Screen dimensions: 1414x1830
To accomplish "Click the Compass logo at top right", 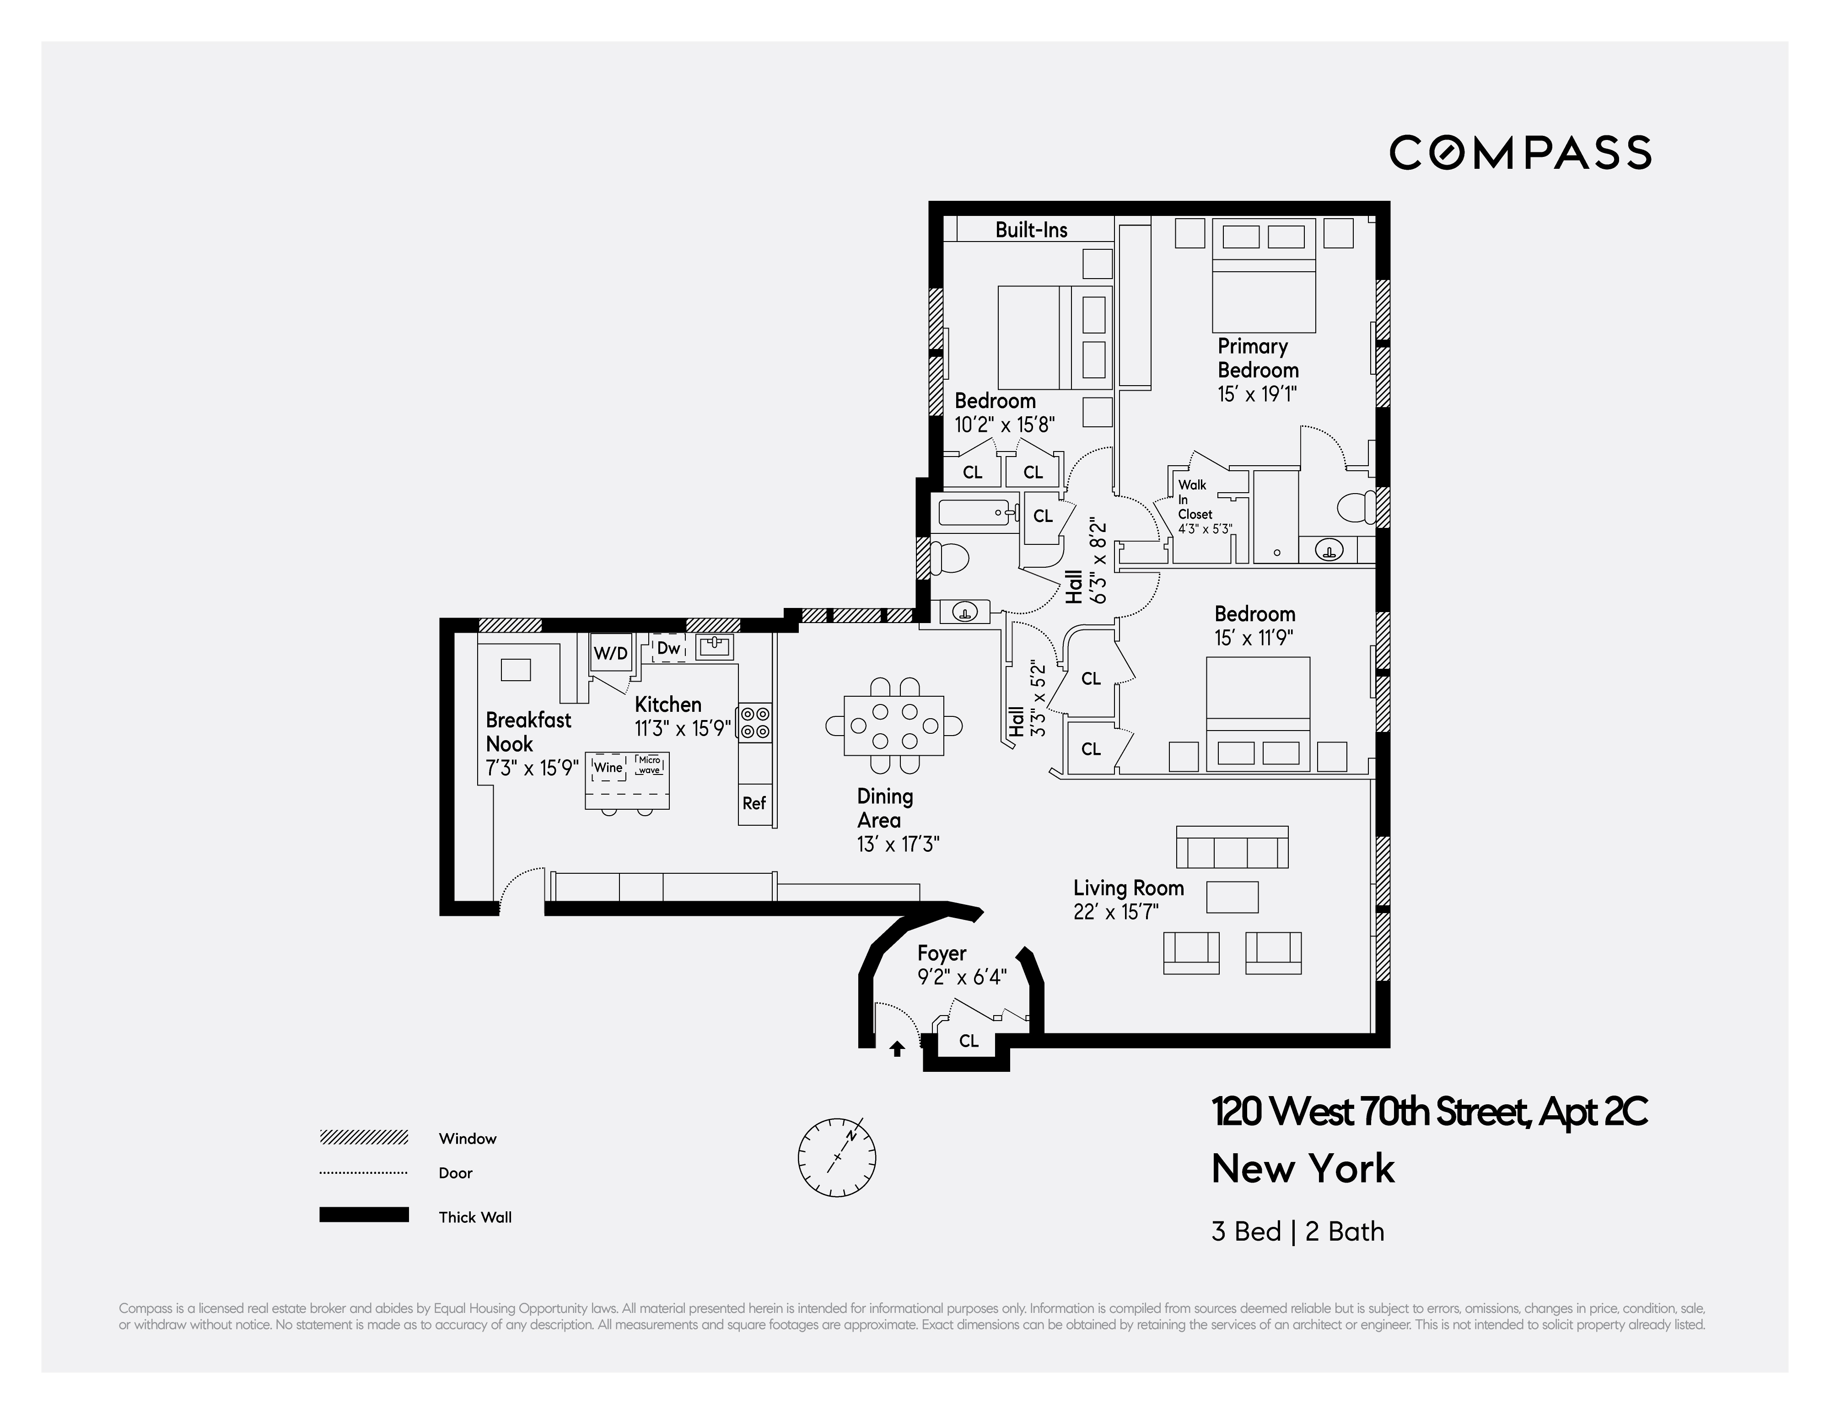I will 1520,152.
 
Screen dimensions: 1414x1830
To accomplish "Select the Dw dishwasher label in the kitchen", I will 669,648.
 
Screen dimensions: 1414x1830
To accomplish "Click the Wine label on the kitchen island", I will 608,767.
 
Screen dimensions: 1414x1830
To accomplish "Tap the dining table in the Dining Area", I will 893,726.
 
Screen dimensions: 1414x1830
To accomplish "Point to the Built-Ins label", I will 1031,230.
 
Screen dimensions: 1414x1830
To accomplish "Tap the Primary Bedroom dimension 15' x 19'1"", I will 1257,394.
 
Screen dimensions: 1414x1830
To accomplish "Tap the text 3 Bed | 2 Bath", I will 1297,1231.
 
